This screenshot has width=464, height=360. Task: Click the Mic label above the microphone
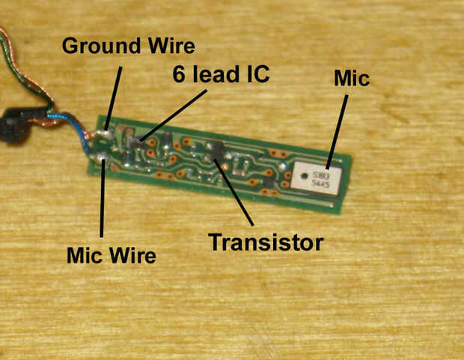[352, 78]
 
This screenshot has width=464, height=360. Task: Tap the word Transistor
[266, 242]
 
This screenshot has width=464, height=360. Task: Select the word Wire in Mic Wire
[135, 256]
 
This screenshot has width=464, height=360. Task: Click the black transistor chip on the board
[216, 147]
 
